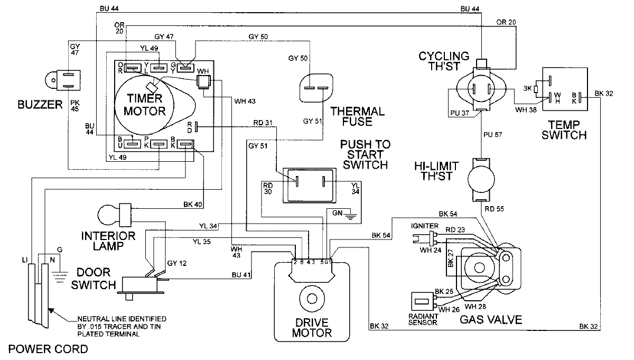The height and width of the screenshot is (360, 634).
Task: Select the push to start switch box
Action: click(309, 185)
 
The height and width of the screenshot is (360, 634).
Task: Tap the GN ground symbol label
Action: click(338, 213)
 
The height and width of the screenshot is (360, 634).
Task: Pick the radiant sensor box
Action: click(422, 302)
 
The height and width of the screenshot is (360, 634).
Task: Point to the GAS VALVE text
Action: click(491, 320)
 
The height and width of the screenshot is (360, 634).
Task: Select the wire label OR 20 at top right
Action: click(506, 22)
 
